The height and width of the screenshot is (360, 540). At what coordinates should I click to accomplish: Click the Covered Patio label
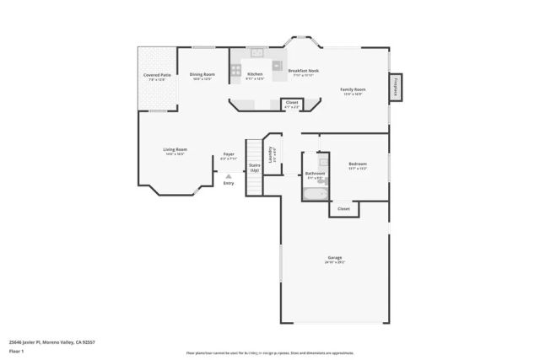158,75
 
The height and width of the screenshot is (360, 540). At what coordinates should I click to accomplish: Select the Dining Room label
202,74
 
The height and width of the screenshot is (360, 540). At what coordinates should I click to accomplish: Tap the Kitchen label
255,74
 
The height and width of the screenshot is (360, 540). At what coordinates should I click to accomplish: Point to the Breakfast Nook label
302,71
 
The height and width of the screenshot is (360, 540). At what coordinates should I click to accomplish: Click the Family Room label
352,89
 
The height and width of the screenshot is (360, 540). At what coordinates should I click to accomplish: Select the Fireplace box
396,87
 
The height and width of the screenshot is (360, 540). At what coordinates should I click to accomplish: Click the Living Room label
175,150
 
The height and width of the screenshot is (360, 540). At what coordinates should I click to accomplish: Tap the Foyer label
228,154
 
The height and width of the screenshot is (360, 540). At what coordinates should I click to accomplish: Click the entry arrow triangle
228,175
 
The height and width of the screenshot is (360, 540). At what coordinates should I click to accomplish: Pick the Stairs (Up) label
254,167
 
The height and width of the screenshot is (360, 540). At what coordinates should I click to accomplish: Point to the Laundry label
272,154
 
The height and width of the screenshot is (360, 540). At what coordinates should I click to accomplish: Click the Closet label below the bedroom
343,208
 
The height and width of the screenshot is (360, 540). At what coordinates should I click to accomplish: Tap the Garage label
335,259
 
